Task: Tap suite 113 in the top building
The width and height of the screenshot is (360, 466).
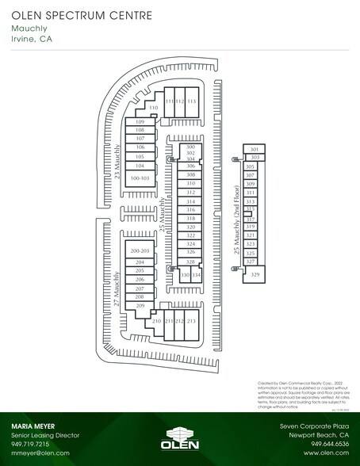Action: click(x=191, y=102)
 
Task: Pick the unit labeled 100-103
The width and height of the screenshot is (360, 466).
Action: click(x=140, y=178)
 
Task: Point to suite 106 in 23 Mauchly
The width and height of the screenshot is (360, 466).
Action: click(x=140, y=147)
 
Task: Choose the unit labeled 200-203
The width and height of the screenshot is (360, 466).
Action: click(x=140, y=250)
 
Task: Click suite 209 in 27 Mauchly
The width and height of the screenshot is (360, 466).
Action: click(x=140, y=306)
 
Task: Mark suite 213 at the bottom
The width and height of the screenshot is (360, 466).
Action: click(x=191, y=321)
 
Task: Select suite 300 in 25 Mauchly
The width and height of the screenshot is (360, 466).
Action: click(x=190, y=147)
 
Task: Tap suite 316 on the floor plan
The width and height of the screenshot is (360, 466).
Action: click(x=190, y=210)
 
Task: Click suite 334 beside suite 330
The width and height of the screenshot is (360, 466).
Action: click(x=197, y=275)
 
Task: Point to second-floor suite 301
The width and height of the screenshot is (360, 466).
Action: click(x=255, y=149)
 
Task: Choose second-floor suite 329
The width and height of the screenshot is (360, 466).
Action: click(x=255, y=274)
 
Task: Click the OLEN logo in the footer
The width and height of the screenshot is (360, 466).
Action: click(x=179, y=441)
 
